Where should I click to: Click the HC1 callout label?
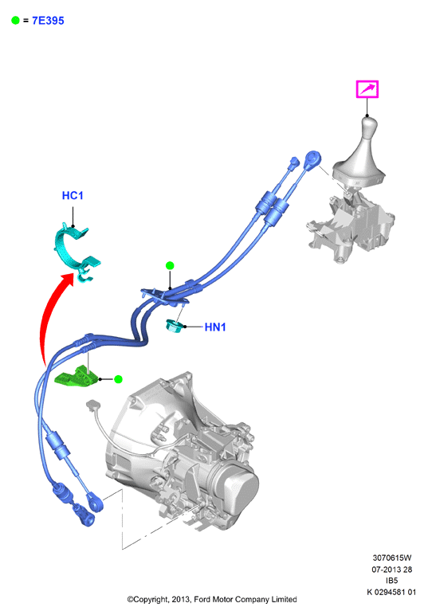(x=73, y=195)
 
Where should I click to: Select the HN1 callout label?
(x=215, y=327)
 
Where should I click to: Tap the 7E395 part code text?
(x=48, y=21)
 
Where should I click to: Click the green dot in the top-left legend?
(x=15, y=21)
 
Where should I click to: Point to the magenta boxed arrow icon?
(x=367, y=89)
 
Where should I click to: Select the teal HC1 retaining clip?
(x=77, y=251)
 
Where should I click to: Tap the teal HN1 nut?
(x=173, y=326)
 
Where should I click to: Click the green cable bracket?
(x=76, y=377)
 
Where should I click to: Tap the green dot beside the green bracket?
(x=118, y=379)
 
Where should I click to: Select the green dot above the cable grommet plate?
(x=170, y=265)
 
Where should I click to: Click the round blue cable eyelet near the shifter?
(x=313, y=159)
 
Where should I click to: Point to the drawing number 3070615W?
(x=392, y=558)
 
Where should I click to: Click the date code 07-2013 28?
(x=392, y=569)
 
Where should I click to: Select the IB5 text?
(x=392, y=581)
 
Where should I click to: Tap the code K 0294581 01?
(x=391, y=592)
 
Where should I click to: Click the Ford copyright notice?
(x=212, y=599)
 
